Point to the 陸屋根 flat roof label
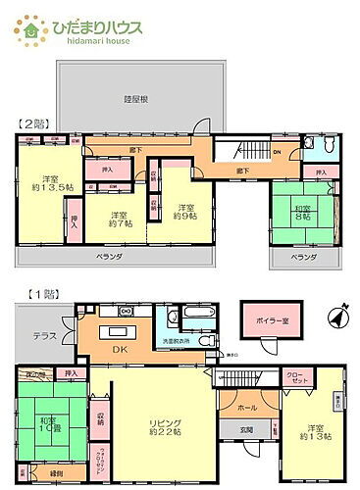[136, 98]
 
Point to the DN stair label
[278, 151]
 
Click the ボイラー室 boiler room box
[269, 321]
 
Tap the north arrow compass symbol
[337, 318]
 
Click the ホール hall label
[247, 407]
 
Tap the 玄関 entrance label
[247, 430]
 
